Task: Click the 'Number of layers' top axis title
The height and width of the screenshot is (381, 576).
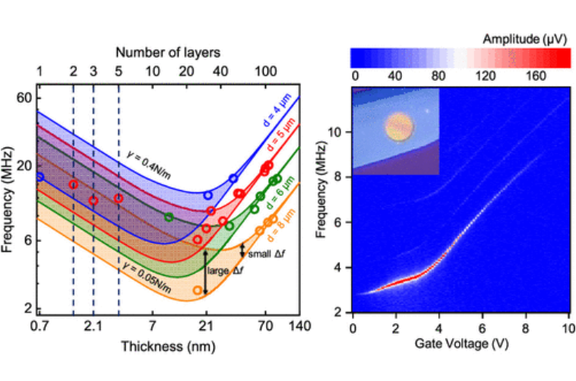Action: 168,52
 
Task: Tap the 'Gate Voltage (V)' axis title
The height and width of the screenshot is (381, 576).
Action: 460,344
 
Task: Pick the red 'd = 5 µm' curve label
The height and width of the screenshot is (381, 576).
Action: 279,144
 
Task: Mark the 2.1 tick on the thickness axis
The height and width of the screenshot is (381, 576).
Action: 93,327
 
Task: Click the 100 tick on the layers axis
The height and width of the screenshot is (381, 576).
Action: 265,71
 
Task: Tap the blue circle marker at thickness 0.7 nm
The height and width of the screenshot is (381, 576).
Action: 40,176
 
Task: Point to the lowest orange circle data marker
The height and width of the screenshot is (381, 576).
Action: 198,290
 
